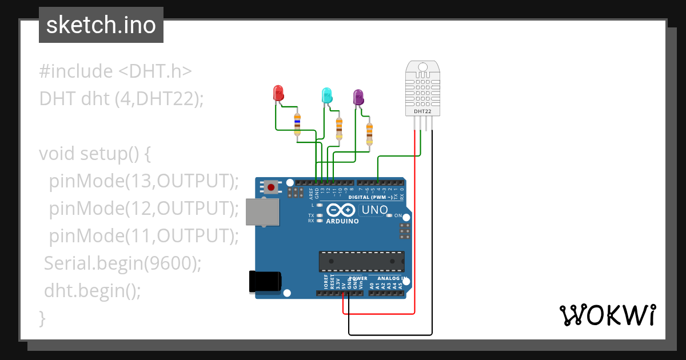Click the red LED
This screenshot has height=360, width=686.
[x=278, y=93]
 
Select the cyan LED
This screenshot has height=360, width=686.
[x=326, y=95]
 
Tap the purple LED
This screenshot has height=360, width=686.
[x=358, y=97]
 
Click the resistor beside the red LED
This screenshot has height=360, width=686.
[x=297, y=124]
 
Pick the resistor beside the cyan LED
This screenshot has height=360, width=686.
[x=339, y=128]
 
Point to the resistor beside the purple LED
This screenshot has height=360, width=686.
[x=369, y=134]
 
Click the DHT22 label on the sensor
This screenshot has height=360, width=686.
[x=422, y=111]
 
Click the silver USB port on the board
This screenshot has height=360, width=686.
[x=262, y=211]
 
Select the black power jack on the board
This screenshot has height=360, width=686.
[x=265, y=282]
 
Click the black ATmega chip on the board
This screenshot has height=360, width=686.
[x=361, y=261]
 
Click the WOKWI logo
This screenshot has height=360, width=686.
[x=607, y=315]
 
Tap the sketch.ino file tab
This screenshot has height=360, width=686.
[x=101, y=25]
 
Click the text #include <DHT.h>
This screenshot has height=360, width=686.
[x=115, y=71]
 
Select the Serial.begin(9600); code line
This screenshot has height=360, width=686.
[x=123, y=263]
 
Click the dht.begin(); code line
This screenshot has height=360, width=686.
[x=92, y=291]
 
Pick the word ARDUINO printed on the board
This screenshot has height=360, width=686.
[x=342, y=221]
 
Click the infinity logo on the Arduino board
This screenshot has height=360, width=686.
[x=342, y=210]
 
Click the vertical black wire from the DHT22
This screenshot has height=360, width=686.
[x=432, y=229]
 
